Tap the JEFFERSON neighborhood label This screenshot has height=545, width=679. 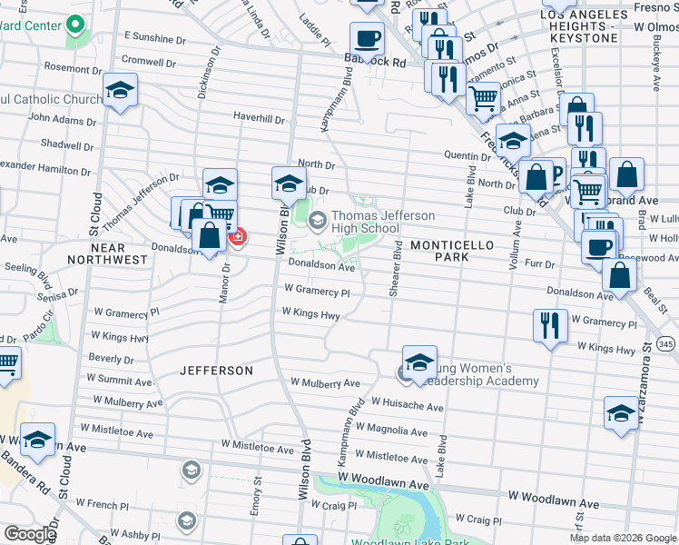(216, 371)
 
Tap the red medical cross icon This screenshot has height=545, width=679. (238, 237)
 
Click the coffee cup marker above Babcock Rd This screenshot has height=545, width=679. (367, 39)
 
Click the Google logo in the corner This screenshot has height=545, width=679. (30, 534)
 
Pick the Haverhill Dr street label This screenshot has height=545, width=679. (259, 119)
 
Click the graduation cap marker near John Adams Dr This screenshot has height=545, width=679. (120, 91)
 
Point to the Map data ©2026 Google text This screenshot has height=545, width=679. (622, 538)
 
